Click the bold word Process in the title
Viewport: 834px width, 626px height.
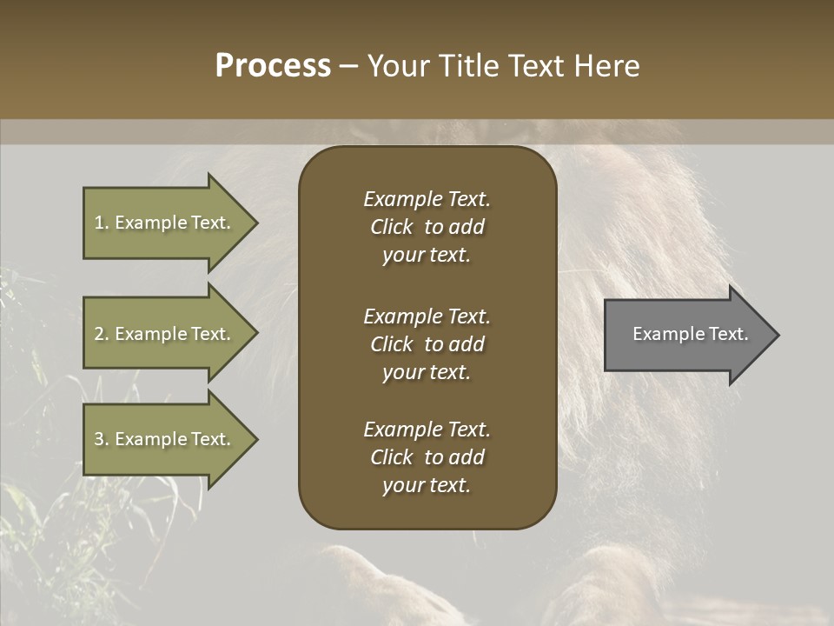click(273, 65)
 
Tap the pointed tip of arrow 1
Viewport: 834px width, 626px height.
click(255, 223)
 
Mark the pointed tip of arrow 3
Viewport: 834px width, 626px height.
click(255, 439)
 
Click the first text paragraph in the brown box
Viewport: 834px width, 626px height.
click(427, 227)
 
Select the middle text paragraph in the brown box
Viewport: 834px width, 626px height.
click(427, 344)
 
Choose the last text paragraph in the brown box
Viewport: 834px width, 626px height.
click(427, 457)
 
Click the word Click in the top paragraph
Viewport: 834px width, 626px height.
click(392, 227)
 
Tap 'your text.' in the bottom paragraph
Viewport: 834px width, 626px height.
click(427, 486)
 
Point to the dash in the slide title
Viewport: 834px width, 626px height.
click(348, 67)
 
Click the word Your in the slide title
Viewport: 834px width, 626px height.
click(398, 66)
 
